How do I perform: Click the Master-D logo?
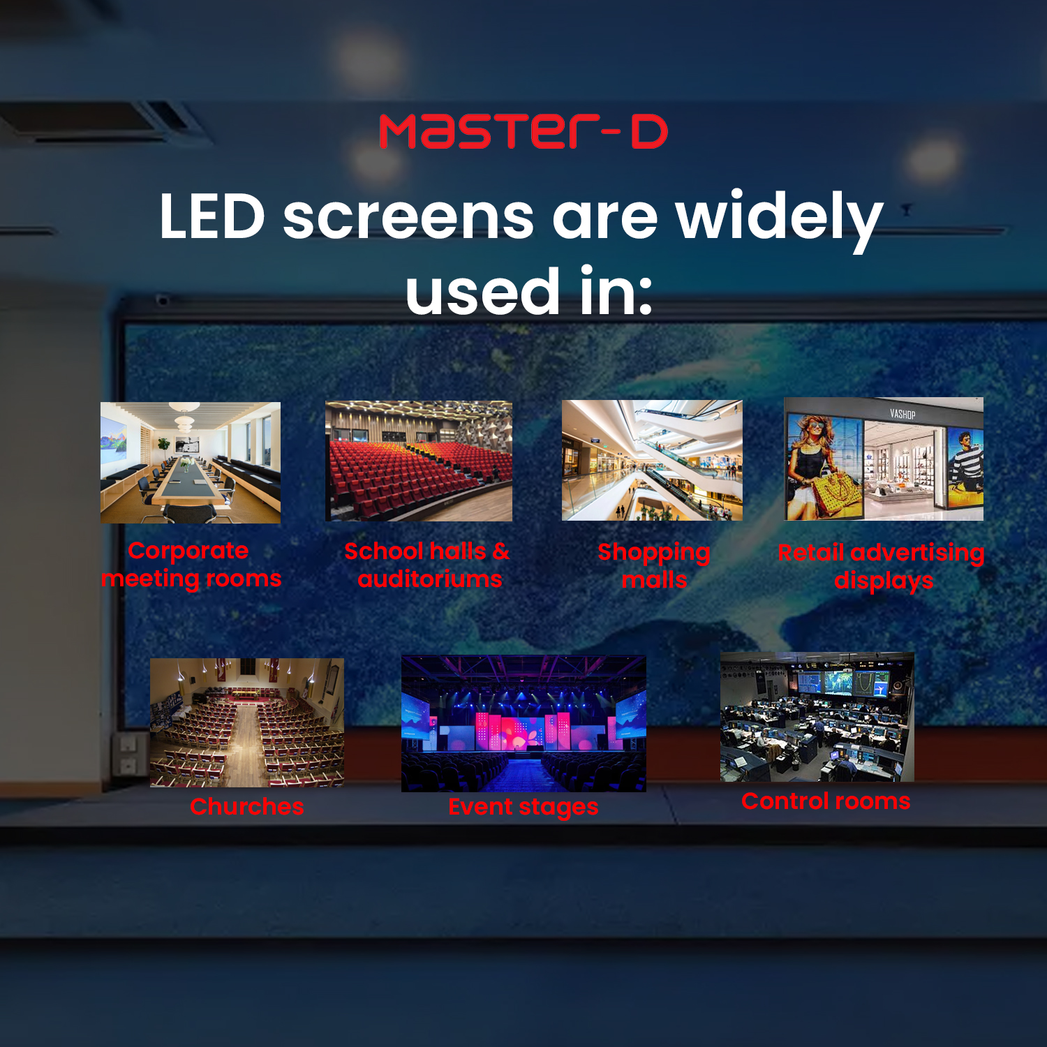[x=523, y=132]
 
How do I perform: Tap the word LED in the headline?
[x=212, y=216]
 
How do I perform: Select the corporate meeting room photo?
[x=191, y=462]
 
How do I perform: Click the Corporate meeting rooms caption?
[x=191, y=565]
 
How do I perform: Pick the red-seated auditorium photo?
[x=419, y=461]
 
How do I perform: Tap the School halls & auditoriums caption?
[x=428, y=565]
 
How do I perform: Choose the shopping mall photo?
[x=652, y=460]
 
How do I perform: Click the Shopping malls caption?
[x=654, y=566]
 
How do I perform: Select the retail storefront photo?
[x=884, y=459]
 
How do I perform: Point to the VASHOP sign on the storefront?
[x=903, y=414]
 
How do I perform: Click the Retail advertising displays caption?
[x=882, y=567]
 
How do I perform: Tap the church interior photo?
[x=247, y=722]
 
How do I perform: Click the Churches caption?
[x=247, y=807]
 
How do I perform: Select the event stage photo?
[x=523, y=724]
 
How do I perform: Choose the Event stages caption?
[x=523, y=808]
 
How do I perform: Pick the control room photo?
[x=817, y=717]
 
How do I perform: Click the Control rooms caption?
[x=826, y=801]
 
